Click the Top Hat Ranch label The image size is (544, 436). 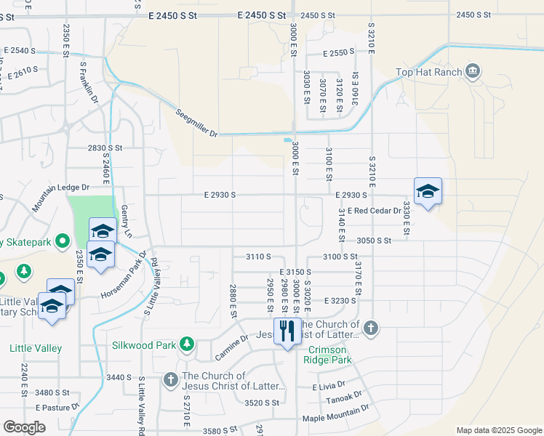point(429,72)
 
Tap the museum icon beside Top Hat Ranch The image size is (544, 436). point(473,71)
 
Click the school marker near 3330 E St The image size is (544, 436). point(428,192)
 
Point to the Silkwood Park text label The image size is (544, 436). point(145,344)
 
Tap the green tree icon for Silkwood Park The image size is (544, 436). point(187,344)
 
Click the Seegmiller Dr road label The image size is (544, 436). point(196,123)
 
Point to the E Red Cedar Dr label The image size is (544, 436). point(374,211)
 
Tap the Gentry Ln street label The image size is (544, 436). point(127,223)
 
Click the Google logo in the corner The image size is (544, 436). point(24,427)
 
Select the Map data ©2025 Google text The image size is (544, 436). point(498,430)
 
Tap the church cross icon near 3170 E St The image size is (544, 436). point(370,328)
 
